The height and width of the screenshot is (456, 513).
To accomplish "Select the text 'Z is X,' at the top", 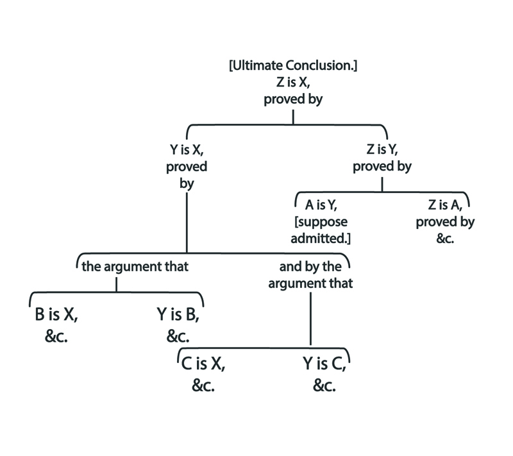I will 292,83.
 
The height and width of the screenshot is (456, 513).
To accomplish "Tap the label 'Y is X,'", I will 186,151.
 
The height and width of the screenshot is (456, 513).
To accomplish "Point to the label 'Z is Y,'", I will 382,151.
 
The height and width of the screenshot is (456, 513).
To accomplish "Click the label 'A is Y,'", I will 321,206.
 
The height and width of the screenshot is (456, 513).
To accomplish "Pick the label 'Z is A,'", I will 445,206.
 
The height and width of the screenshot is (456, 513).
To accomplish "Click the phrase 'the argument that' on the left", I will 135,266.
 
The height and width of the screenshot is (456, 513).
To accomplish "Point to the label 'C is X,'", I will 203,365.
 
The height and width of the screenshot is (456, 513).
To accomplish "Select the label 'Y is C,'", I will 324,365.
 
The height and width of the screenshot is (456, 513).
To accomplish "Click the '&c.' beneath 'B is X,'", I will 56,336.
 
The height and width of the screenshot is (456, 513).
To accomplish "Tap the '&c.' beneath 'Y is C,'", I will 324,386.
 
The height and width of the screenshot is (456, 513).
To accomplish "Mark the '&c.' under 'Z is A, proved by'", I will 445,239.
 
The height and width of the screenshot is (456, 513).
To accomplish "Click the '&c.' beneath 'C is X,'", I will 203,386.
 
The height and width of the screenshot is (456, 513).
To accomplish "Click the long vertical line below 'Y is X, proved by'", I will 186,221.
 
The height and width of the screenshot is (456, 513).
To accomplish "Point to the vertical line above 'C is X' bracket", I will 311,317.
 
